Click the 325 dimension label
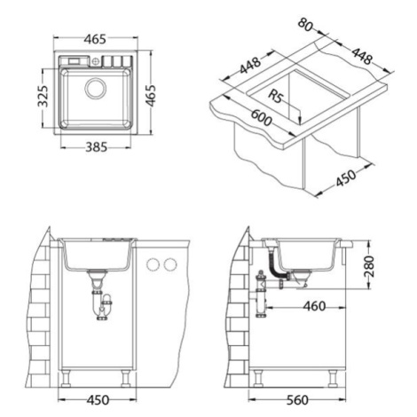[x=43, y=97]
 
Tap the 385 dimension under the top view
[x=96, y=146]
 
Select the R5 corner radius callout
[x=276, y=96]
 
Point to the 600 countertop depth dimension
[x=261, y=117]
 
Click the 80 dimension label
[x=305, y=25]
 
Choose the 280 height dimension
[x=370, y=266]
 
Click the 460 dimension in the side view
[x=314, y=306]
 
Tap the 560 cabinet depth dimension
[x=297, y=400]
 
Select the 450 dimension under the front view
[x=98, y=400]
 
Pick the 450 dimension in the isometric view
[x=346, y=177]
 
